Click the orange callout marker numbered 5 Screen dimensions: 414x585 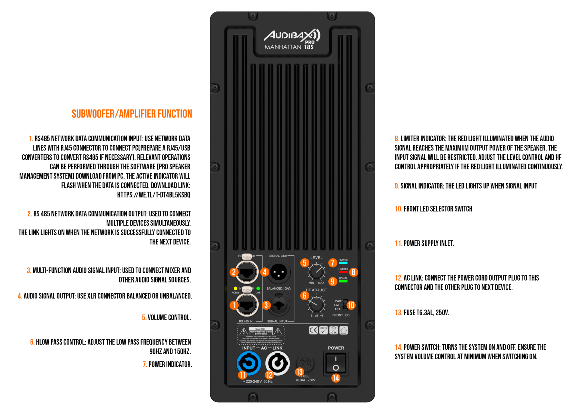point(304,263)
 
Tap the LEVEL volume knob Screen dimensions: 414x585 point(316,271)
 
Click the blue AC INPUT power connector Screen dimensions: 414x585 point(249,363)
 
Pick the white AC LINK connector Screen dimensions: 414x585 point(277,363)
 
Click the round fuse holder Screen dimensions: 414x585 point(305,363)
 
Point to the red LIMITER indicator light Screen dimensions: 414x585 point(343,272)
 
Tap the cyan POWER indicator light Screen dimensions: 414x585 point(343,263)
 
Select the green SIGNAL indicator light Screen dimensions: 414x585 point(343,281)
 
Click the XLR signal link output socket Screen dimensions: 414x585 point(279,272)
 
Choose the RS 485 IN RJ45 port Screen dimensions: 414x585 point(247,305)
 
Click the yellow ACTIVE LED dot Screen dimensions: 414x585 point(235,288)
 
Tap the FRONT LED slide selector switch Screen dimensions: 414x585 point(345,305)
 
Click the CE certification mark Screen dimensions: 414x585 point(313,331)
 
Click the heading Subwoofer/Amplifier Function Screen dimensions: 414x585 point(132,114)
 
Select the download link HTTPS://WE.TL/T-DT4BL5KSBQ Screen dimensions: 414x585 point(154,195)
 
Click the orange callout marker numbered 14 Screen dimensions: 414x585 point(336,378)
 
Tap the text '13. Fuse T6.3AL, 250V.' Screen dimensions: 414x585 point(422,313)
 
